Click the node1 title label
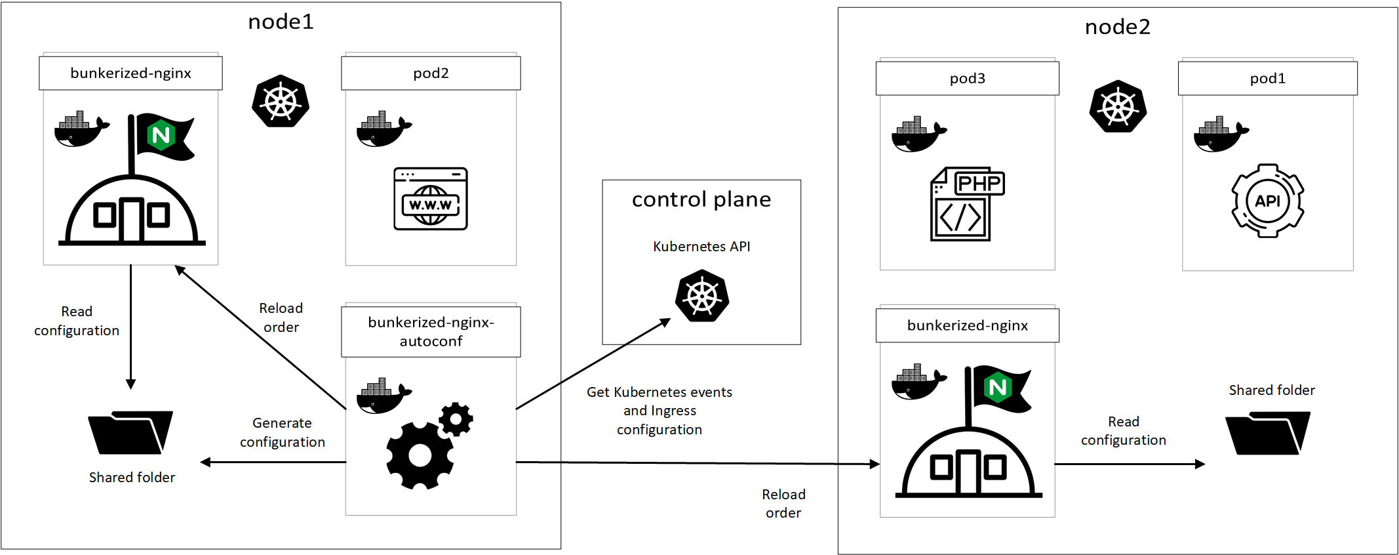[x=281, y=22]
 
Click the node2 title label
[x=1117, y=27]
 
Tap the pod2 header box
[x=431, y=73]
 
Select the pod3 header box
[x=967, y=78]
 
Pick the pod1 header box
[x=1267, y=78]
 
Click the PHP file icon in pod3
[x=966, y=204]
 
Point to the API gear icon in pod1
[x=1267, y=201]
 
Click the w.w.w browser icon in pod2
[x=430, y=199]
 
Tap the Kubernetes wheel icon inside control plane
[x=702, y=296]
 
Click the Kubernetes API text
[x=701, y=247]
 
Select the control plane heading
[x=701, y=199]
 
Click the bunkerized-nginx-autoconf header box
[x=431, y=332]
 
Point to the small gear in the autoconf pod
[x=456, y=419]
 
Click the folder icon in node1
[x=130, y=432]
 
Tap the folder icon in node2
[x=1267, y=433]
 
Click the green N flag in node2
[x=999, y=388]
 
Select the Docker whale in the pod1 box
[x=1221, y=134]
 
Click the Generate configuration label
[x=282, y=432]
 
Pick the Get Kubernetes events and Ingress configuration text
[x=660, y=411]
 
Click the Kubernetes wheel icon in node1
[x=281, y=101]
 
